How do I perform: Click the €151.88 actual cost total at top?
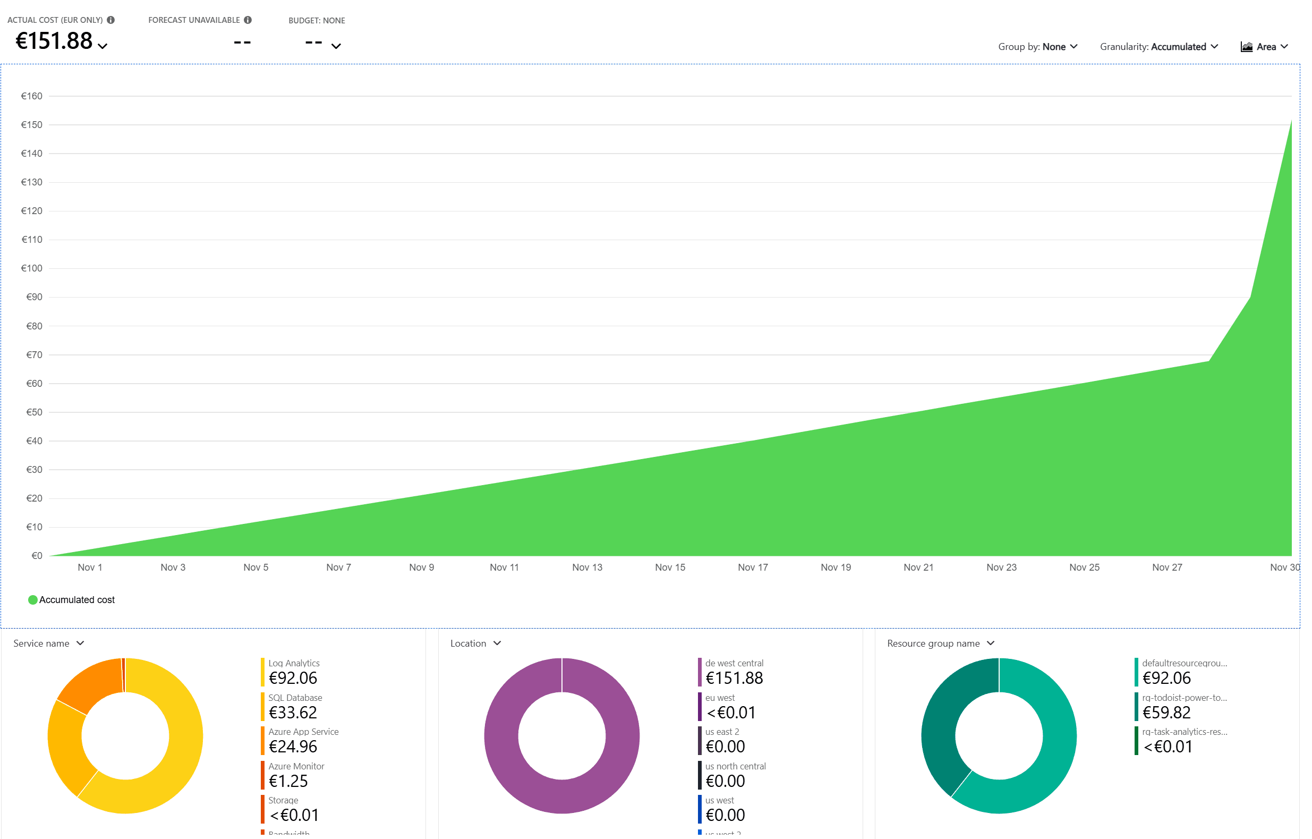(x=55, y=41)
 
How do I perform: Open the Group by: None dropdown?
(x=1037, y=47)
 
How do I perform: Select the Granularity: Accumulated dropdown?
(x=1158, y=47)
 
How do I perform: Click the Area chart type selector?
(x=1264, y=47)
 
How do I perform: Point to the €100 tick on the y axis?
(x=31, y=268)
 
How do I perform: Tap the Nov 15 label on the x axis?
(x=670, y=567)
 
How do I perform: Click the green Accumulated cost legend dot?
(x=33, y=600)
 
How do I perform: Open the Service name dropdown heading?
(x=48, y=643)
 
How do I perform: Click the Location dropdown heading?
(x=475, y=643)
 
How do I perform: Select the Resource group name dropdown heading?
(x=940, y=643)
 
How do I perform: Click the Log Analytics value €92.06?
(x=293, y=678)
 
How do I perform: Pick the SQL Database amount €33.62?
(x=293, y=713)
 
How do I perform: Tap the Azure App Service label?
(x=303, y=732)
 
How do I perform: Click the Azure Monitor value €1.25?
(x=288, y=781)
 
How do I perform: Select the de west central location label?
(x=734, y=663)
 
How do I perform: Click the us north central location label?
(x=735, y=766)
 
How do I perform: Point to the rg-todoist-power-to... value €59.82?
(x=1166, y=713)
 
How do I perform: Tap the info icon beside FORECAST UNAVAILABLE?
(x=248, y=20)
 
